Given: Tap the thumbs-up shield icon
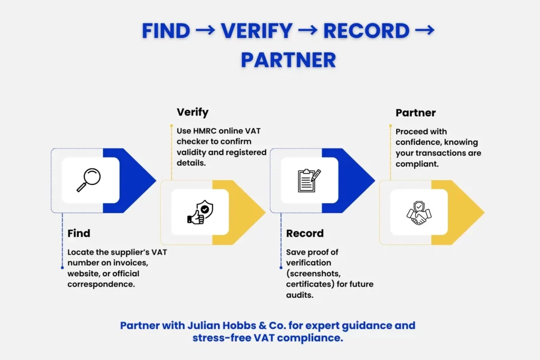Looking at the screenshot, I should coord(200,212).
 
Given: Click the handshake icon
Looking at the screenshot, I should coord(419,212).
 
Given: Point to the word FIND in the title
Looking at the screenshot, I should coord(166,31).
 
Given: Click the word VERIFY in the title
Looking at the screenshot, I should coord(256,31).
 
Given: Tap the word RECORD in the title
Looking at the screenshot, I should coord(367,31).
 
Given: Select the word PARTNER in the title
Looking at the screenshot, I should coord(288,60).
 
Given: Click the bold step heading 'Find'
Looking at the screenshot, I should coord(79,233).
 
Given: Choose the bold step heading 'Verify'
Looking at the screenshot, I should coord(192,112).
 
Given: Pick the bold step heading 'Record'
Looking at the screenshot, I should coord(305,233).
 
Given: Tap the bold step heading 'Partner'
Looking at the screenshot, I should coord(416,113).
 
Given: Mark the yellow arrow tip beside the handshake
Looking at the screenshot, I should coord(472,212).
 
